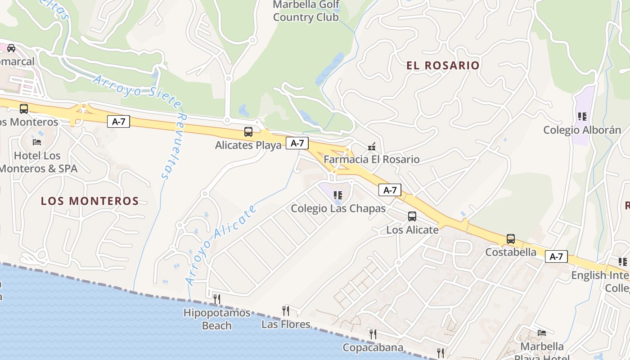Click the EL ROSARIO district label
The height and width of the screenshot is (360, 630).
coord(443,66)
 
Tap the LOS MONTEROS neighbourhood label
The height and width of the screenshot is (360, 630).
coord(90,201)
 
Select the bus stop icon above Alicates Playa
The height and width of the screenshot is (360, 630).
coord(248,132)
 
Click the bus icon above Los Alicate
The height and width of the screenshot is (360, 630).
coord(412,216)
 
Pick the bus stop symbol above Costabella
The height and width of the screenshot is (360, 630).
coord(510,239)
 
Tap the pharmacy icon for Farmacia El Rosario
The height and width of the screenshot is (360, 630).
coord(372,146)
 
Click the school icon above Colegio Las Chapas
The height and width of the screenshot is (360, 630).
coord(338,195)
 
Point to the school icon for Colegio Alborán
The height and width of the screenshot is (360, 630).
coord(582,117)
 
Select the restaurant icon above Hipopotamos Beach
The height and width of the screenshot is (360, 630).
coord(216,299)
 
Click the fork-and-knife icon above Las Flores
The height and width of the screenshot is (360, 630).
coord(285,310)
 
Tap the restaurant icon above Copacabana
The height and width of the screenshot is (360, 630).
coord(373,334)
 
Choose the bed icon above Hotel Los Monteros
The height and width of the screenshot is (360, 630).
coord(37,142)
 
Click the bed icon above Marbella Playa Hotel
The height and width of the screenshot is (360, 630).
coord(542,333)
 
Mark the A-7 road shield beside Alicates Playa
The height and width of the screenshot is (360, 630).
coord(297,144)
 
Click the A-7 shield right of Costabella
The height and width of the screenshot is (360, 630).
coord(556,256)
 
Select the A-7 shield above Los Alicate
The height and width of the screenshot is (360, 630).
coord(390,190)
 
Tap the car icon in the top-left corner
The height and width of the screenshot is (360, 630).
coord(11,48)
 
